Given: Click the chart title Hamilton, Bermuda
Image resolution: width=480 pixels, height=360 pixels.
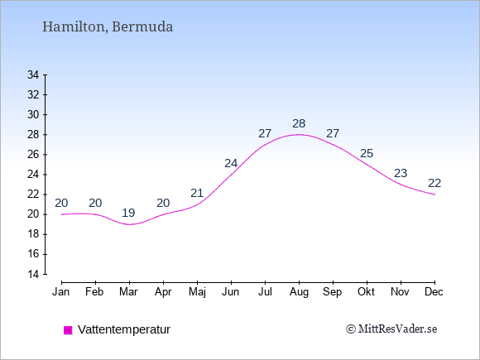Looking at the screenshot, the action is coord(108,27).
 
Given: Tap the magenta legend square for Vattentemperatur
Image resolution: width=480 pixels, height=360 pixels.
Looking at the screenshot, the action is coord(68,330).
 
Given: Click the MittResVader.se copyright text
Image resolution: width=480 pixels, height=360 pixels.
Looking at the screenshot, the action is coord(391,329).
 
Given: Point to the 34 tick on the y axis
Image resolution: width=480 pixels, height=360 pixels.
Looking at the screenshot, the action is coord(33,74).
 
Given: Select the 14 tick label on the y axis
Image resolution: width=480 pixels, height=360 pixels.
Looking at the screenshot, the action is coord(33,274).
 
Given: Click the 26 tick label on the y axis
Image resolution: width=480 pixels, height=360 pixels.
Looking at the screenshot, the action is coord(33,155).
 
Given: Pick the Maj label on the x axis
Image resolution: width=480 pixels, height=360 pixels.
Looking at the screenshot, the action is coord(197,292).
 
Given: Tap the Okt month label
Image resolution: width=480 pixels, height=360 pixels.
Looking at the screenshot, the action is coord(366,292).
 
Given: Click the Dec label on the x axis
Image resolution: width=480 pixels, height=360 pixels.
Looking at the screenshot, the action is coord(434,292).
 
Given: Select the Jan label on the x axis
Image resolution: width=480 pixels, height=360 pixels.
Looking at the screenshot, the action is coord(61,292).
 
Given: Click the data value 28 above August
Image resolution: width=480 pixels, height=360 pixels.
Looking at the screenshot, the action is coord(299,123).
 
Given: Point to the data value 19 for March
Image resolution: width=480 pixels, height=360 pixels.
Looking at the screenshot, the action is coord(128,213).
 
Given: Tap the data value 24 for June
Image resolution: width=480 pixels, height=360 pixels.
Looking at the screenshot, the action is coord(231,164).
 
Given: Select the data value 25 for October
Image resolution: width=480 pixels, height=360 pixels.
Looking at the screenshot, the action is coord(367,153).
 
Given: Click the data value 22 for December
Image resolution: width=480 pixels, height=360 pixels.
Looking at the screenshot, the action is coord(434,184).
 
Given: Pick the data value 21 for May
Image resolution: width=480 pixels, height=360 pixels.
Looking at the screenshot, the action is coord(197,193).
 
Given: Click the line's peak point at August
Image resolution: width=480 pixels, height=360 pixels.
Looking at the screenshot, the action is coord(299,134).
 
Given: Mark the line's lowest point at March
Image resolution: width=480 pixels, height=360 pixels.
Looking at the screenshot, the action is coord(129,224).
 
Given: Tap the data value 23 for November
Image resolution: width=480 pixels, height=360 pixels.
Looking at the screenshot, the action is coord(401,174).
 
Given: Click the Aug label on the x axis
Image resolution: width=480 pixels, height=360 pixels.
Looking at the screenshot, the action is coord(299,292).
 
